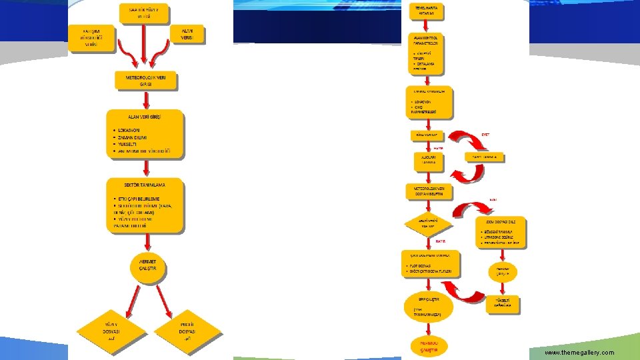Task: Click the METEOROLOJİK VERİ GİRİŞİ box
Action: pos(145,81)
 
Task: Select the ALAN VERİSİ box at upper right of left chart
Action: pos(187,35)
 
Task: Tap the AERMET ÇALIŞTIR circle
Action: pos(148,264)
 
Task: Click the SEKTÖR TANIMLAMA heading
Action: pos(145,184)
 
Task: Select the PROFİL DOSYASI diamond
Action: pos(187,328)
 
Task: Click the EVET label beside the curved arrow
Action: pos(485,134)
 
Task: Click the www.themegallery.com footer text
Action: pos(579,352)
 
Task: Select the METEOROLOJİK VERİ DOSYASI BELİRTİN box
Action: pos(429,191)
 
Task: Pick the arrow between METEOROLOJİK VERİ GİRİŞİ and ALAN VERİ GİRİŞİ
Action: pos(145,99)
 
